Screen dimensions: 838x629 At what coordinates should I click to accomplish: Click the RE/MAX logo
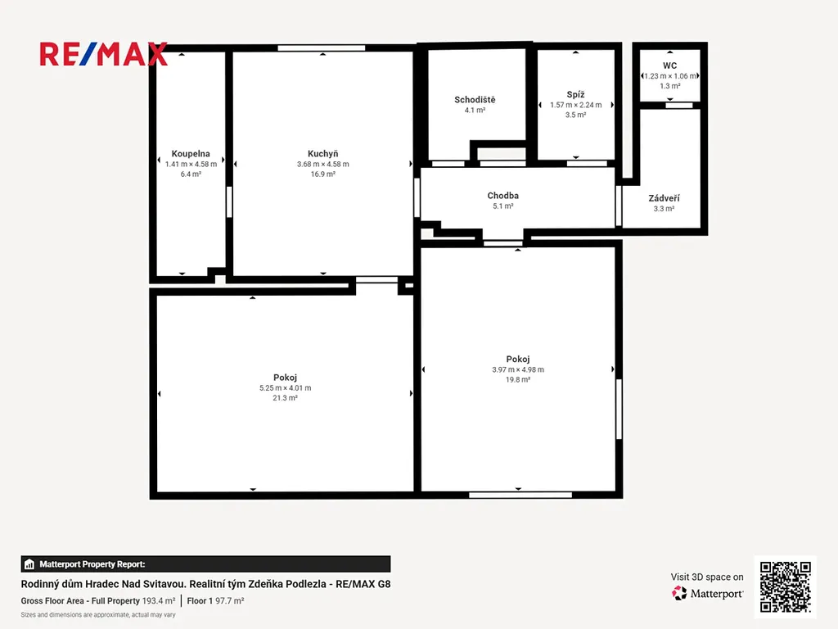coord(104,54)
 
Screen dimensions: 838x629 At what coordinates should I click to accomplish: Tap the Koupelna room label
coord(191,153)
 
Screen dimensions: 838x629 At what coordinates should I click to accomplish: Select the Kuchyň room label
coord(322,153)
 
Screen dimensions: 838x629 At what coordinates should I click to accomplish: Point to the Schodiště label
coord(475,99)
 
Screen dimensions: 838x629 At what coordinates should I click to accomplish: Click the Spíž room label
coord(575,94)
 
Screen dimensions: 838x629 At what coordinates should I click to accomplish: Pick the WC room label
coord(669,66)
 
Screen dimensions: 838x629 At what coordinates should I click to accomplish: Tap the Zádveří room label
coord(664,198)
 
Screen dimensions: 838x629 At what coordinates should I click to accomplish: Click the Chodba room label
coord(503,196)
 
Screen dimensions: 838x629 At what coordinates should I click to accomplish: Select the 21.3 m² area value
coord(285,398)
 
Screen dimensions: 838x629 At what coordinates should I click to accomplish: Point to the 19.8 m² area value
coord(518,380)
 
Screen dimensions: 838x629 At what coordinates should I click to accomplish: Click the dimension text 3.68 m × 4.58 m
coord(322,164)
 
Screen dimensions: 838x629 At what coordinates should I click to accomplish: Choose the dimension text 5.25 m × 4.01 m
coord(285,387)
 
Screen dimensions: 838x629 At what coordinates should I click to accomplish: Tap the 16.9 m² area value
coord(322,174)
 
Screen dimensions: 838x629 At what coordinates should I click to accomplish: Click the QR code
coord(785,586)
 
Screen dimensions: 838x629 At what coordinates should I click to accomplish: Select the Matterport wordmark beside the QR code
coord(717,594)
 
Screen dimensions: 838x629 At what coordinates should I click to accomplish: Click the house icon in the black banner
coord(29,564)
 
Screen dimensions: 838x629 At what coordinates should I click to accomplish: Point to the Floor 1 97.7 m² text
coord(215,600)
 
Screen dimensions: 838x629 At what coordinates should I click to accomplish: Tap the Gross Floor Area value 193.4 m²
coord(159,600)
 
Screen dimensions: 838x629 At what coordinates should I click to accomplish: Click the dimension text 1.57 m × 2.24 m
coord(575,105)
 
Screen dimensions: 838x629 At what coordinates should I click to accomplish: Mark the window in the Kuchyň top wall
coord(321,48)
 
